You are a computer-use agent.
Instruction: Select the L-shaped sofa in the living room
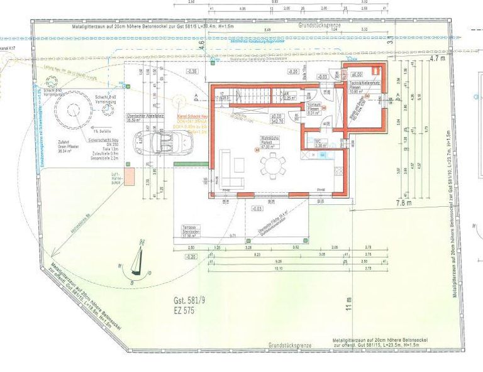(x=232, y=170)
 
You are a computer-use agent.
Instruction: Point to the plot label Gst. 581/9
(x=191, y=300)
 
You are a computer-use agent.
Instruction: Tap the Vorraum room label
(x=314, y=107)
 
